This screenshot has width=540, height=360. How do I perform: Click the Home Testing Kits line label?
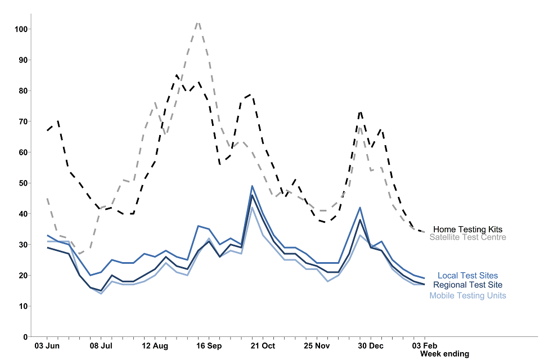click(467, 229)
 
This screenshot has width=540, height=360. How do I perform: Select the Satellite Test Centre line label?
click(467, 237)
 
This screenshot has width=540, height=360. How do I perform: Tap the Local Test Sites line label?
click(467, 276)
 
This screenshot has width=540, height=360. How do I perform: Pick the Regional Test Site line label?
click(467, 285)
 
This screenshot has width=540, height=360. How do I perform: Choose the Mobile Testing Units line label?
click(467, 296)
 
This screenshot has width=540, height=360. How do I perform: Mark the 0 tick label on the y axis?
click(25, 337)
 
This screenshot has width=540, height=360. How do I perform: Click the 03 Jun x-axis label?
click(47, 345)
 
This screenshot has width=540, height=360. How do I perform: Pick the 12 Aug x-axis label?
click(155, 345)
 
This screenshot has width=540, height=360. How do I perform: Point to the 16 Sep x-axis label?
click(209, 345)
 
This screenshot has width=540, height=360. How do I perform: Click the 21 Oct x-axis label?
click(263, 345)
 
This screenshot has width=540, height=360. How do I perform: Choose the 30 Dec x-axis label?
click(371, 345)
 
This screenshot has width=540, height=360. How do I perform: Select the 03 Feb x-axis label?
click(424, 345)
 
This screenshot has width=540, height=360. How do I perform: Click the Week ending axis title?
click(444, 354)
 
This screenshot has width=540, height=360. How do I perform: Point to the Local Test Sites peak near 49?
click(252, 186)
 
